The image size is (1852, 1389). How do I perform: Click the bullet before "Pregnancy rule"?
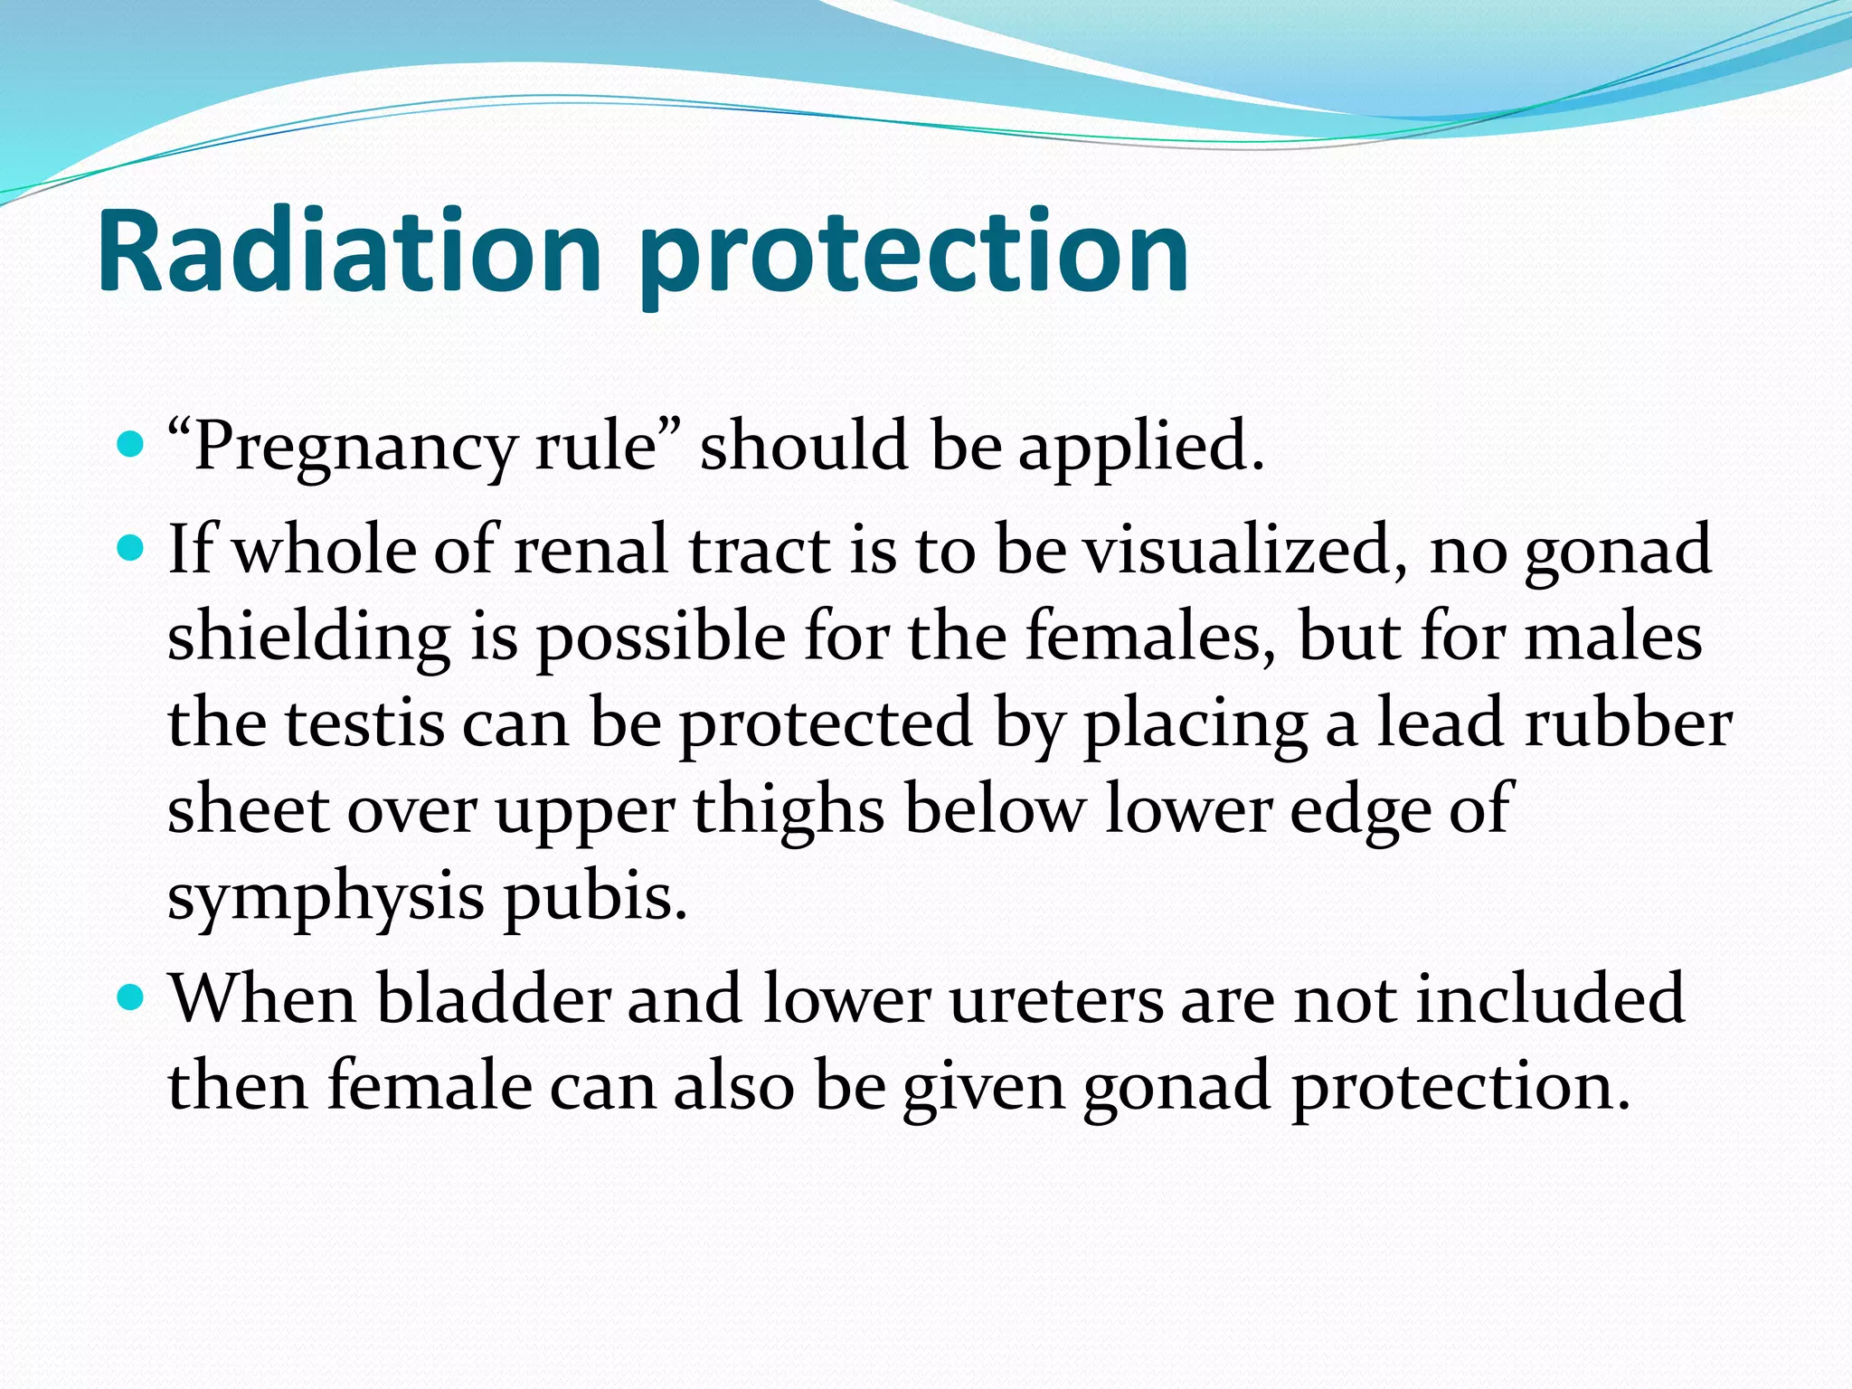(x=132, y=444)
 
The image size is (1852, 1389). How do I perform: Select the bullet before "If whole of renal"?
(x=132, y=548)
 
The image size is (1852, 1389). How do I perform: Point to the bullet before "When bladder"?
(x=132, y=997)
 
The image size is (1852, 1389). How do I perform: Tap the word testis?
(x=365, y=723)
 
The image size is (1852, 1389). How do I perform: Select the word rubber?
(x=1628, y=723)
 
